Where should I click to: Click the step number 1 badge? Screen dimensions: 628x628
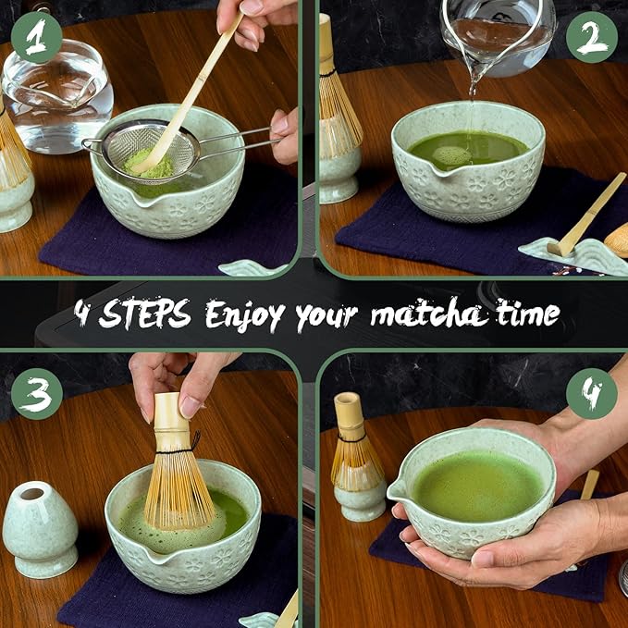(x=36, y=38)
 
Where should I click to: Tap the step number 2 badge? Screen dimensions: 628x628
(x=592, y=38)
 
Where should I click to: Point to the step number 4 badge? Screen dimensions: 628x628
(x=591, y=394)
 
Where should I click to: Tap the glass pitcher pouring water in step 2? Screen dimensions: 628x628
(x=496, y=32)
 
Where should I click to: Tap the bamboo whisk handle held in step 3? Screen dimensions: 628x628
(x=170, y=421)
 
